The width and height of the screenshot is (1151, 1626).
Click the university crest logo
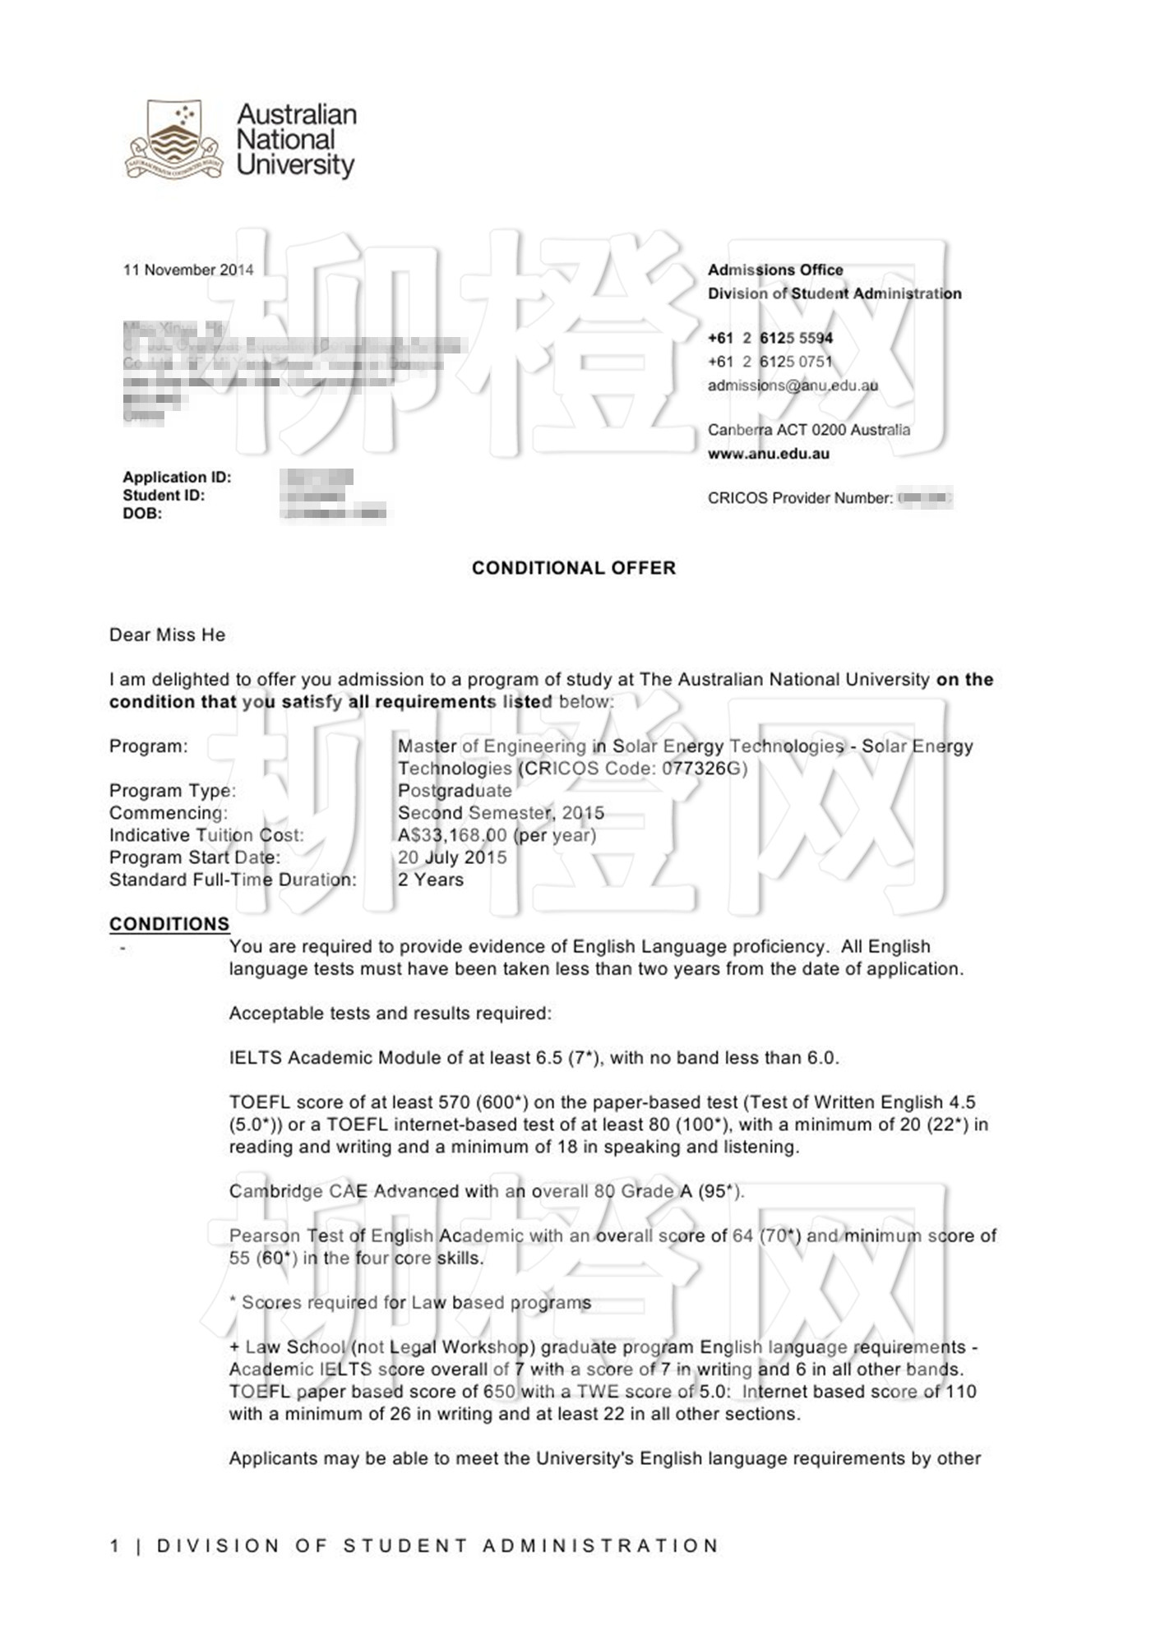[x=173, y=139]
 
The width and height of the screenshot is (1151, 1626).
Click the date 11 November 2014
[x=188, y=270]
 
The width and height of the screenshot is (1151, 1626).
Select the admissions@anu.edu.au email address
[x=793, y=385]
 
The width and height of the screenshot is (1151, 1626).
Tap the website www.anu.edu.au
[x=768, y=454]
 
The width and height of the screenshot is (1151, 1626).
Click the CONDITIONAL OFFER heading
[x=573, y=568]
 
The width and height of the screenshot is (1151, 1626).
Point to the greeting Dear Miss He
[x=167, y=635]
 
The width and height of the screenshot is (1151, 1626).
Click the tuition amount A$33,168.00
[x=453, y=835]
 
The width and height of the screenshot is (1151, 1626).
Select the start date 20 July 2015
[x=452, y=857]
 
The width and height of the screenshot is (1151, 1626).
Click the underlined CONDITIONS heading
[x=169, y=924]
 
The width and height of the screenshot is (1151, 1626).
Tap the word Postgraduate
[x=455, y=791]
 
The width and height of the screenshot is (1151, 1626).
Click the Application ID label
[x=177, y=477]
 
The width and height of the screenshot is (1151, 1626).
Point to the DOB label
[x=142, y=514]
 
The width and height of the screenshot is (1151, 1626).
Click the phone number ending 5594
[x=770, y=338]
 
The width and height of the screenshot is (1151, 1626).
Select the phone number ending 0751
[x=770, y=362]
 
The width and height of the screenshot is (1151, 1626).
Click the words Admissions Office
[x=775, y=270]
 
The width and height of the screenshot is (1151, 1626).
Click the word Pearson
[x=264, y=1236]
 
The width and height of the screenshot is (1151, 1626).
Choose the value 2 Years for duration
[x=431, y=880]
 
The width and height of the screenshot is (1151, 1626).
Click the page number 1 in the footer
[x=114, y=1546]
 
